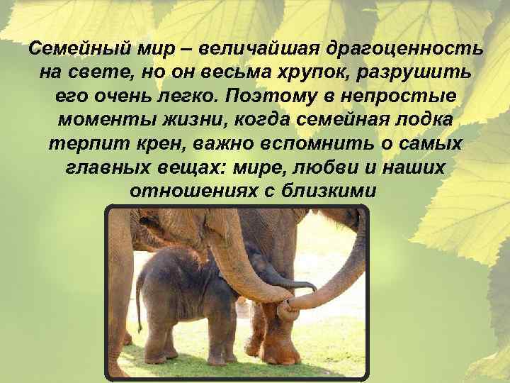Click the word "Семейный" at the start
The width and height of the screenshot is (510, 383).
69,50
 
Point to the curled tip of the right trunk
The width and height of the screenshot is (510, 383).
286,310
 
